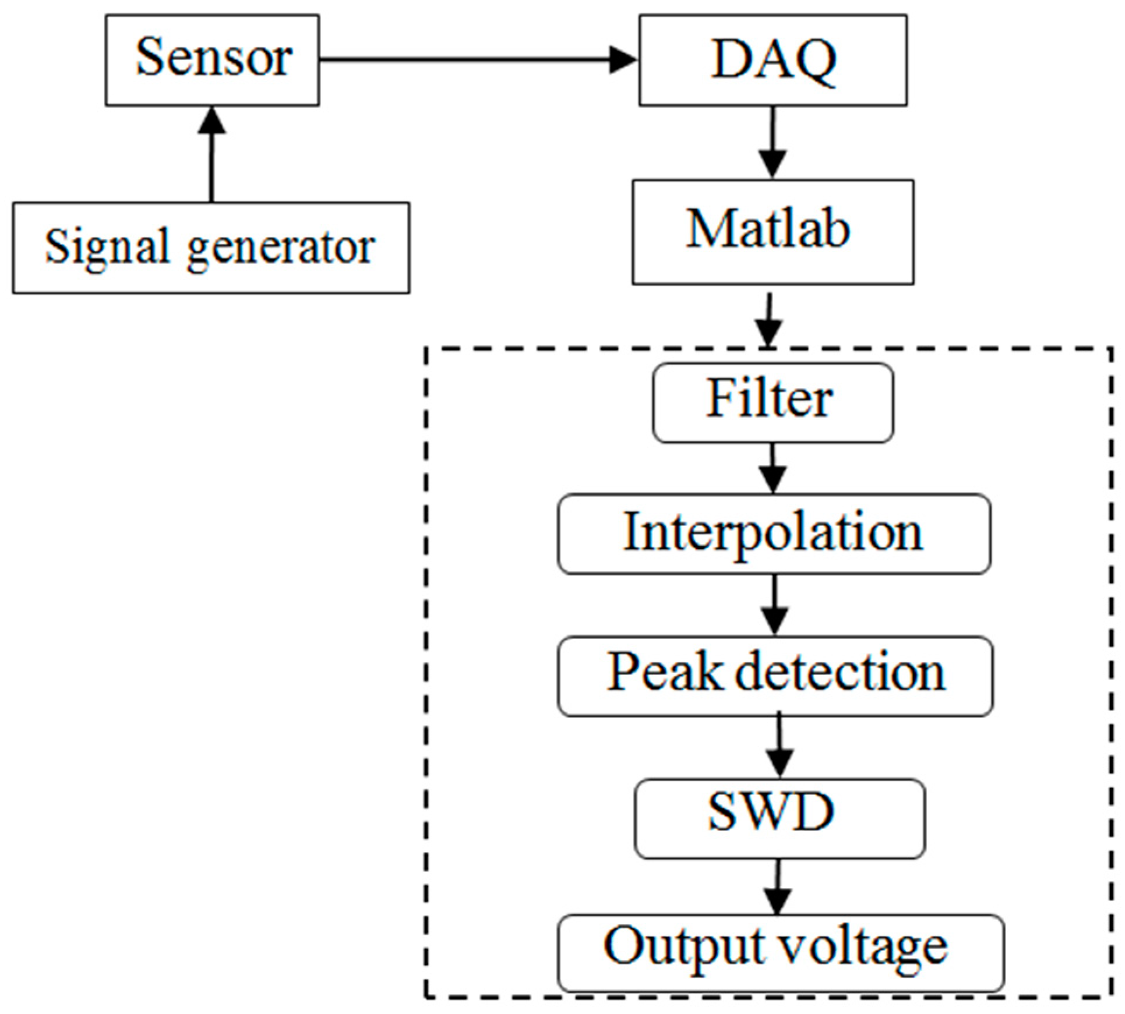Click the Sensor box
(212, 60)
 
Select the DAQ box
(773, 60)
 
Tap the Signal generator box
(211, 248)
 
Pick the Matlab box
(773, 232)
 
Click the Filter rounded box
(773, 402)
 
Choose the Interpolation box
(774, 534)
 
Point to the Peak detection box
(775, 676)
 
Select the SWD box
(779, 818)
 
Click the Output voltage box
(781, 952)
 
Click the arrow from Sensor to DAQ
(478, 59)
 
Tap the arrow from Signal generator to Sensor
(211, 154)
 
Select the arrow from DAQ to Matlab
(773, 142)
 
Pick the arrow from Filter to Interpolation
(773, 468)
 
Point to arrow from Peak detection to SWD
(779, 747)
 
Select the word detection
(840, 673)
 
